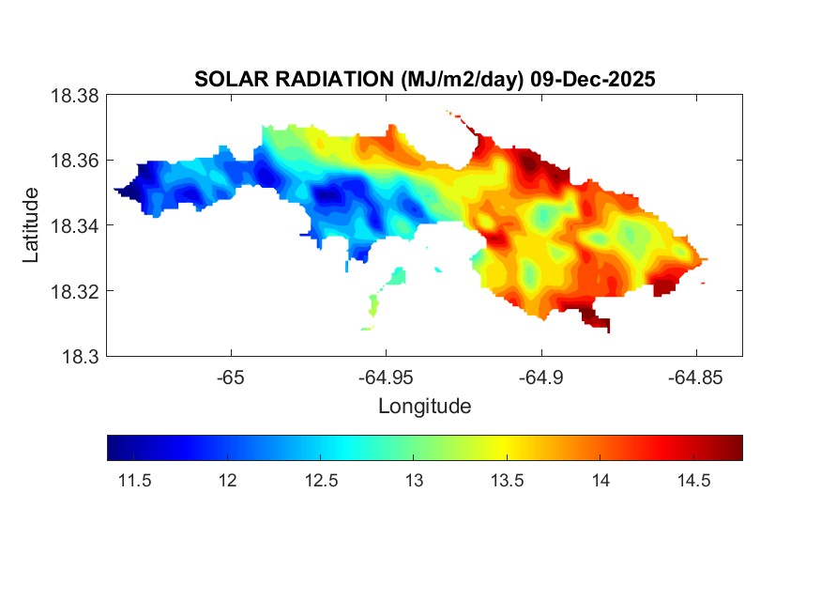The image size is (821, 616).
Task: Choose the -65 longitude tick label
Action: (231, 377)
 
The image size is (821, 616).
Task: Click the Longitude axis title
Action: (424, 407)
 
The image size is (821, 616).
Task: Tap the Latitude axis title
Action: (31, 225)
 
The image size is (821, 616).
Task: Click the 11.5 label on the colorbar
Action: (135, 480)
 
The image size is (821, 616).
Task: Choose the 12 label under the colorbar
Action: (227, 480)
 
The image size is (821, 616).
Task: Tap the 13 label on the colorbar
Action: (414, 480)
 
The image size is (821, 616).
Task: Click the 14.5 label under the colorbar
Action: (693, 480)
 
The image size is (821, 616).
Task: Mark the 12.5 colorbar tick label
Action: (321, 480)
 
